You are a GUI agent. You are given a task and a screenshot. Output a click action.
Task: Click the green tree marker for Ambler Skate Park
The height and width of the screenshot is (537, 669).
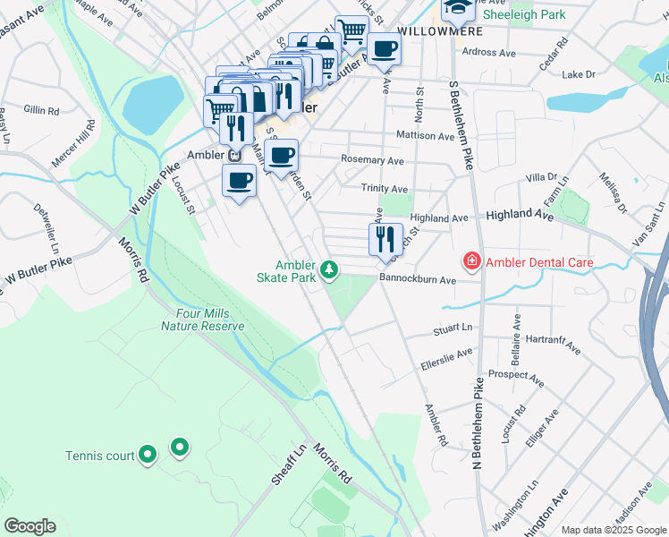[330, 268]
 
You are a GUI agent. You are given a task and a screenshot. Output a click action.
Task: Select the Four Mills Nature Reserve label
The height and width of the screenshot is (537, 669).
[202, 320]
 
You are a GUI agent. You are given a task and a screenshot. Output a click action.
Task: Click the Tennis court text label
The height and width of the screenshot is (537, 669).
[98, 456]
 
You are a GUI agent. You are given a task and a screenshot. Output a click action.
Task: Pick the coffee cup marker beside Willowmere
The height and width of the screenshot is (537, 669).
[385, 50]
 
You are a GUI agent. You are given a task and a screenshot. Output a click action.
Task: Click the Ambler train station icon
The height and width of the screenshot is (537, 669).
[234, 154]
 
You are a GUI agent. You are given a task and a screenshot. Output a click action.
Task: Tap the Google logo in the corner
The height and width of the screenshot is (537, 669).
[30, 526]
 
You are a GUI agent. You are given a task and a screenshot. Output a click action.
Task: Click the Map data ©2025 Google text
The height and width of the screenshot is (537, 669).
[614, 530]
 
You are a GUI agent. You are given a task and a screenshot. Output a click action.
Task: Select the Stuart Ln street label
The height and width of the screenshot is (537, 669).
[453, 329]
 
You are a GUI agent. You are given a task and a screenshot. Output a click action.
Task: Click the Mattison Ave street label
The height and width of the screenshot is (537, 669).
[426, 136]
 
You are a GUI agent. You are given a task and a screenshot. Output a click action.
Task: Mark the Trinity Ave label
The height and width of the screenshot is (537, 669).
[384, 189]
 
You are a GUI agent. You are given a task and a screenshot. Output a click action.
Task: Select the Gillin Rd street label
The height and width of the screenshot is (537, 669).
[41, 110]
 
